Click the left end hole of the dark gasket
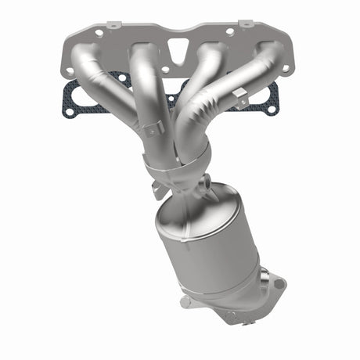point(68,110)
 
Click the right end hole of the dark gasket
point(271,109)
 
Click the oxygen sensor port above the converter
point(205,184)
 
